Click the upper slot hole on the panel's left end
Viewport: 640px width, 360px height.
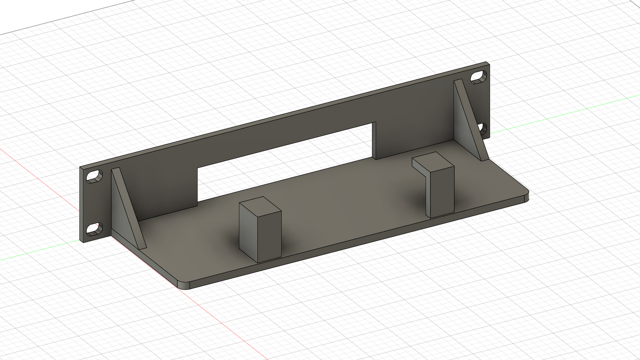coord(94,176)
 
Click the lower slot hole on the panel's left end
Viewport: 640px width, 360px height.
coord(93,229)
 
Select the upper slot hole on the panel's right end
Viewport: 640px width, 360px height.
coord(477,77)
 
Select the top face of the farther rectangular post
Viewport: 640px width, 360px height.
coord(433,162)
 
